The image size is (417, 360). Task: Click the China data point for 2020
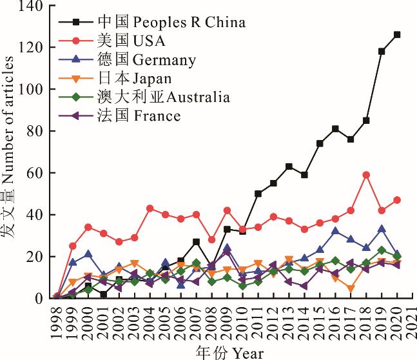point(397,35)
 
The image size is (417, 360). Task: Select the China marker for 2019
point(382,52)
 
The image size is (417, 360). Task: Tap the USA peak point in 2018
point(366,175)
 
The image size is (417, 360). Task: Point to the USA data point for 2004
point(150,208)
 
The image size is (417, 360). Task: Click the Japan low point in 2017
point(351,288)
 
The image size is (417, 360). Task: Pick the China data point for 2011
point(258,194)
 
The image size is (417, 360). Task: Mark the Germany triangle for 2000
point(88,254)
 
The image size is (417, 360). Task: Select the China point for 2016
point(335,129)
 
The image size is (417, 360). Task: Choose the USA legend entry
point(131,41)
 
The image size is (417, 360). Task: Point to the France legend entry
point(139,116)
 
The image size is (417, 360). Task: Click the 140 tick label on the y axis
point(32,6)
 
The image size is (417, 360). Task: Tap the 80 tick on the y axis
point(36,132)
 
